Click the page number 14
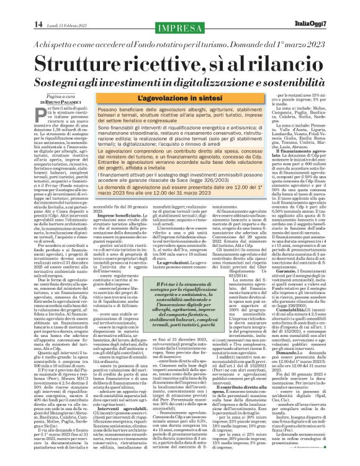coord(38,24)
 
